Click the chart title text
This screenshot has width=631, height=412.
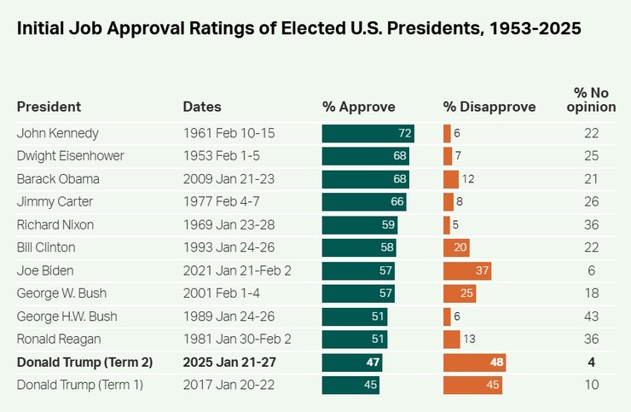[x=298, y=29]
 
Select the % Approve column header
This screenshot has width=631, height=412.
[x=358, y=107]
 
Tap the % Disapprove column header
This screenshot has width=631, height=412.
[x=489, y=107]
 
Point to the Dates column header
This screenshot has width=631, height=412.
[x=202, y=107]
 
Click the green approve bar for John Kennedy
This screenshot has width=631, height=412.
[x=368, y=133]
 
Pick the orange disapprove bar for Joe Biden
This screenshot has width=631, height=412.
[x=466, y=270]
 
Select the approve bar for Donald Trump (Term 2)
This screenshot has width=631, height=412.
[x=351, y=362]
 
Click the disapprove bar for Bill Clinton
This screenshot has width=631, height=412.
[x=456, y=247]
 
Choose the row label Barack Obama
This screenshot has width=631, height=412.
[x=58, y=179]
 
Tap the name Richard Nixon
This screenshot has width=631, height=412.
[x=55, y=224]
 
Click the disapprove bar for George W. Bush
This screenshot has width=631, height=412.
[x=459, y=293]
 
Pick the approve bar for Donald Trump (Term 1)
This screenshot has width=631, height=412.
[x=350, y=385]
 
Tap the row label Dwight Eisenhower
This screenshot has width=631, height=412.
[x=71, y=156]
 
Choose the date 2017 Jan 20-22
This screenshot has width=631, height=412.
[x=229, y=385]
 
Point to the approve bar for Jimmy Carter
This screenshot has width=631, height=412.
[x=364, y=202]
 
